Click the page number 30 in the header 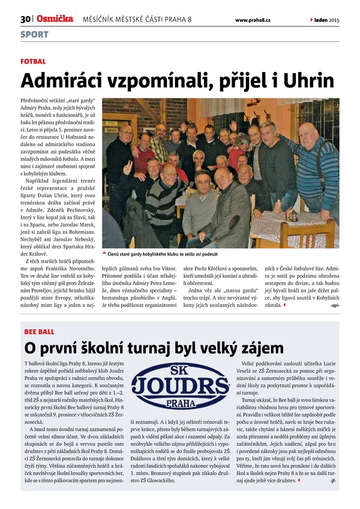click(25, 19)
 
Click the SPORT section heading click(34, 34)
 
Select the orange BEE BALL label click(39, 332)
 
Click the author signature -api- click(334, 305)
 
